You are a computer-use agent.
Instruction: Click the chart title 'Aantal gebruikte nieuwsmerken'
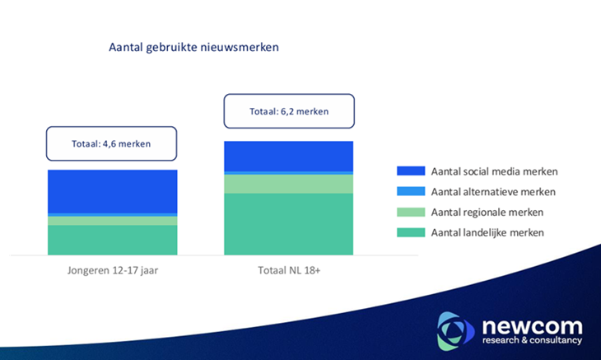193,48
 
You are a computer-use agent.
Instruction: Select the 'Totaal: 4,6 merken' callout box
111,143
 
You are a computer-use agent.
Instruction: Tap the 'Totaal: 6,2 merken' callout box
289,111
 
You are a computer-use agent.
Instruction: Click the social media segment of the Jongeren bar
113,191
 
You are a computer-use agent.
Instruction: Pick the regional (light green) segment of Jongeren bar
113,221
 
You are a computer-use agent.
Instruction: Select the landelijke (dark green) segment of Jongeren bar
113,240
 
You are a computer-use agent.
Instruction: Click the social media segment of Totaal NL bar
289,156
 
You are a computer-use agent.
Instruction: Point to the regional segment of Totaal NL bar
289,184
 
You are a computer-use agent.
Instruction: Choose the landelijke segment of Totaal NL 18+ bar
289,224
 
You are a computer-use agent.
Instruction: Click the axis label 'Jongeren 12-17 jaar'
113,271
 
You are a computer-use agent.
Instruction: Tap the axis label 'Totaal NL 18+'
289,271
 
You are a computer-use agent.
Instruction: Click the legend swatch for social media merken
410,171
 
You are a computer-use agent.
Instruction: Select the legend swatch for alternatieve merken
410,192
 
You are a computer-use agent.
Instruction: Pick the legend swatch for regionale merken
410,213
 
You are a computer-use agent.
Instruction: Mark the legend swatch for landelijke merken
410,233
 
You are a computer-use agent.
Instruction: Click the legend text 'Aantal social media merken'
494,171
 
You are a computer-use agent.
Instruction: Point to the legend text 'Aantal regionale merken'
487,213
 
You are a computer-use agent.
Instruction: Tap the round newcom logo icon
455,330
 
